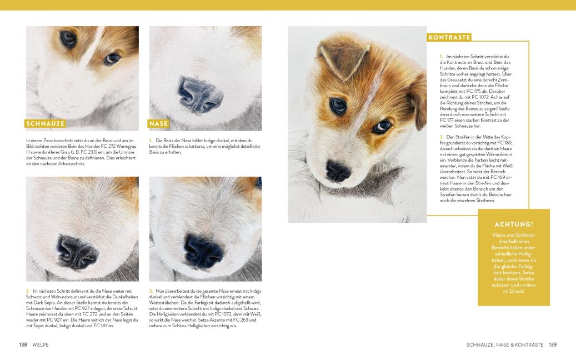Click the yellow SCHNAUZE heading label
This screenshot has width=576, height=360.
tap(46, 123)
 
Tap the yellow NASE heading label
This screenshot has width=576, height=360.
tap(158, 123)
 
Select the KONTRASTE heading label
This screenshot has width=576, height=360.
tap(449, 37)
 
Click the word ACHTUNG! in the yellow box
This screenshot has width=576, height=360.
tap(513, 224)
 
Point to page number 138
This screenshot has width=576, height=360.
tap(23, 345)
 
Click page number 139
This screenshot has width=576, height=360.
tap(552, 345)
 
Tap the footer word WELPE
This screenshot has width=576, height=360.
tap(41, 345)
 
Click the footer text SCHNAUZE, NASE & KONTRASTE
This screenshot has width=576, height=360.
tap(504, 345)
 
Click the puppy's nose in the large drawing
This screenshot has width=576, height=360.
tap(338, 171)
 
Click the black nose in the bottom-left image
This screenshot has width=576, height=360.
tap(78, 249)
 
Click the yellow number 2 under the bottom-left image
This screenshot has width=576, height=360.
tap(28, 291)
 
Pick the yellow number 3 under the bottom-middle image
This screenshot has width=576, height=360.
tap(151, 291)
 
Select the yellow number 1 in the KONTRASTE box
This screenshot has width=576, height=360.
tap(441, 56)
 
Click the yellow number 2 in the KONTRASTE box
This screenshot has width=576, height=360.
tap(441, 137)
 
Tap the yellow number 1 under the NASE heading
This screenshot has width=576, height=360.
tap(151, 140)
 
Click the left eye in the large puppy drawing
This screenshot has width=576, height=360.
tap(338, 104)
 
